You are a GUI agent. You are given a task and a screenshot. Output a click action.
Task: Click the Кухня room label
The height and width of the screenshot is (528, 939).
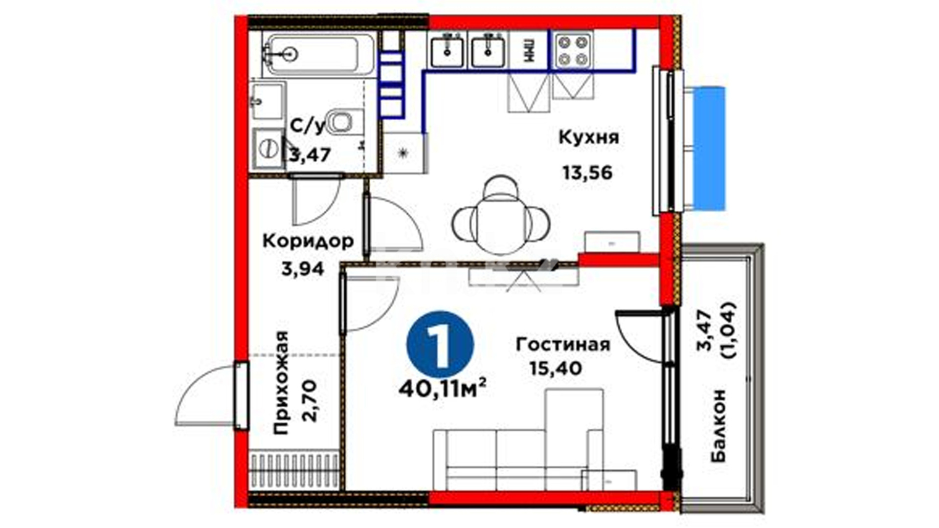click(x=589, y=137)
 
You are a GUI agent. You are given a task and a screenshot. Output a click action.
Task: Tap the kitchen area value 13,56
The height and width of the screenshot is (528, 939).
click(x=587, y=173)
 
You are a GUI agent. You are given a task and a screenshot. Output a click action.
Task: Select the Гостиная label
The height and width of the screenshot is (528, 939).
click(x=563, y=345)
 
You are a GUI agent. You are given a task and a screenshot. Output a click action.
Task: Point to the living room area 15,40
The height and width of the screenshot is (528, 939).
click(x=556, y=368)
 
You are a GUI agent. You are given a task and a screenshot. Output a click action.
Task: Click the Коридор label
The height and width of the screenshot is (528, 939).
click(x=308, y=241)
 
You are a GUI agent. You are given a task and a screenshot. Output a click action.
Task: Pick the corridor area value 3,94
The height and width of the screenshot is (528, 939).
click(x=303, y=268)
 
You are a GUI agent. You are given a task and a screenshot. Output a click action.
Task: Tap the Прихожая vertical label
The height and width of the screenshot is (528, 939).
click(x=281, y=383)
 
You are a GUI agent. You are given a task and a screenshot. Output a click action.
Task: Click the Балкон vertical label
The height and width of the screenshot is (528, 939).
click(x=718, y=425)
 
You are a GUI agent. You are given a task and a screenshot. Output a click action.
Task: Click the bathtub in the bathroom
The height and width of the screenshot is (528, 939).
click(x=318, y=54)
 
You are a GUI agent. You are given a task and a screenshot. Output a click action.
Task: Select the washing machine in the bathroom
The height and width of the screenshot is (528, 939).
click(x=267, y=149)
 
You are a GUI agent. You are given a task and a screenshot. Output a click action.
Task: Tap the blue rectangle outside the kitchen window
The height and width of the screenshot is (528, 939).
click(x=710, y=149)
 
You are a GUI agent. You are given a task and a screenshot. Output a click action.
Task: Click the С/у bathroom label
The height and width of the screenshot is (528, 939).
click(x=307, y=126)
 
